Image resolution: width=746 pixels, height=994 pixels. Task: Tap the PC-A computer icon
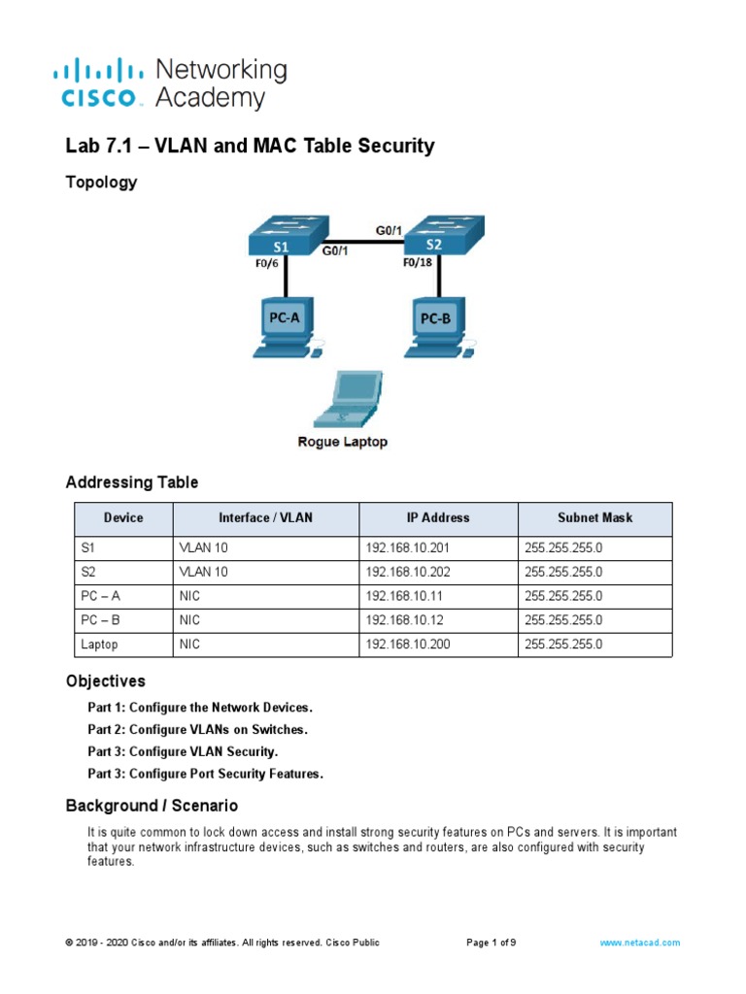[x=286, y=327]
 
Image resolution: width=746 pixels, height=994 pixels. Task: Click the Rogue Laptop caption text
[x=342, y=442]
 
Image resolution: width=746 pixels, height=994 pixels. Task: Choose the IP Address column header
[x=438, y=518]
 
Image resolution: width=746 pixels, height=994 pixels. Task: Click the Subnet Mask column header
[x=594, y=518]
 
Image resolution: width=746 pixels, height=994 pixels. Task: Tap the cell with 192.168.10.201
[x=408, y=547]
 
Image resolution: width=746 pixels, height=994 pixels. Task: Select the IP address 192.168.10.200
[x=408, y=644]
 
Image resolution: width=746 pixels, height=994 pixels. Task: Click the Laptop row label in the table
[x=100, y=644]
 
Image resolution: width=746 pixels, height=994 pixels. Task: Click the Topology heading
[x=101, y=182]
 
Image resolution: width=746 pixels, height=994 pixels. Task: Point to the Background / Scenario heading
[x=152, y=806]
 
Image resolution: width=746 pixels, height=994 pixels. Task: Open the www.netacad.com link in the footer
[x=640, y=943]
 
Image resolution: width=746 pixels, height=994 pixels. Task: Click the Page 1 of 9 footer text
[x=492, y=943]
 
